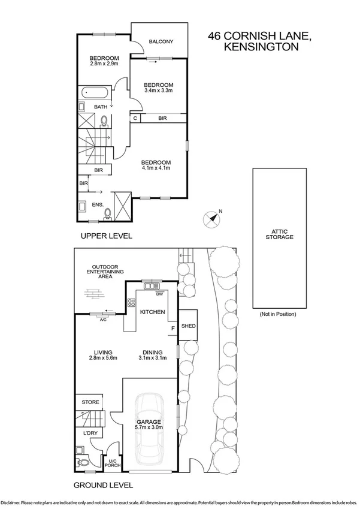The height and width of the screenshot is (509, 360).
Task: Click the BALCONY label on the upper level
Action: tap(161, 41)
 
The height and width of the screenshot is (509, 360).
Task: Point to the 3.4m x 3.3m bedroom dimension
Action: tap(159, 91)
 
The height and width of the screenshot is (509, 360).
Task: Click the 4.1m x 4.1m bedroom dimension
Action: tap(156, 168)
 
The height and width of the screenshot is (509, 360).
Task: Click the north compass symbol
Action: tap(211, 218)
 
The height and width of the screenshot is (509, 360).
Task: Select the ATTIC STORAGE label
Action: tap(279, 234)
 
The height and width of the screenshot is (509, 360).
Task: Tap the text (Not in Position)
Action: tap(279, 314)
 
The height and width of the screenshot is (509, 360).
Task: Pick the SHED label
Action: tap(189, 326)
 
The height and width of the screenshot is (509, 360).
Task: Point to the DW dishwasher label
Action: tap(159, 294)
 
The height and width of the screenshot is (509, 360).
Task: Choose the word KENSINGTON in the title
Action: tap(260, 47)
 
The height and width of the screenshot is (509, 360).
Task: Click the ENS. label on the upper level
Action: tap(98, 204)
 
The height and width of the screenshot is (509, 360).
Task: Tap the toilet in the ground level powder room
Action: tap(83, 462)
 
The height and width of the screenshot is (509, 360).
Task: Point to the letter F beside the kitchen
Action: tap(173, 328)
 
